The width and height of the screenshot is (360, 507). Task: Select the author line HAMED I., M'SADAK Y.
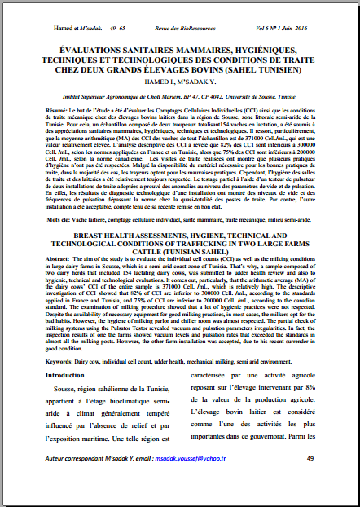click(180, 83)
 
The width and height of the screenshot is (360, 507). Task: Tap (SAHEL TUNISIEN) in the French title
click(258, 71)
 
